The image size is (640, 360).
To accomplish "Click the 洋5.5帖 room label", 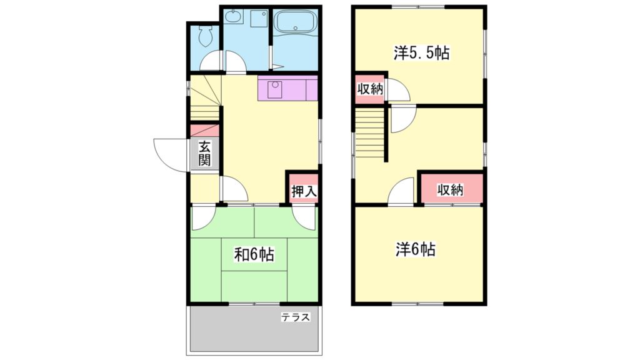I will point(421,53).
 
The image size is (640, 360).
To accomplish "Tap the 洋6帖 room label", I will point(415,249).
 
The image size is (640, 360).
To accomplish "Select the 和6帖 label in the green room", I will point(254,254).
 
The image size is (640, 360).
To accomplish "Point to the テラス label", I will point(295,317).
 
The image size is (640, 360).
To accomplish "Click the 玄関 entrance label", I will point(204,153).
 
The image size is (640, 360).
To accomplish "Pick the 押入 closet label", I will point(304,191).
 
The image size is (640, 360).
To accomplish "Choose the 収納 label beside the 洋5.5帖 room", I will point(369,89).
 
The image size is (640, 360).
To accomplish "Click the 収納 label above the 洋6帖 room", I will point(450,189).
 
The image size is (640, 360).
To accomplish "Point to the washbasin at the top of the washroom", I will point(235,17).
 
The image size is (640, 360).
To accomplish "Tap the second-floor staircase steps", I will point(369,135).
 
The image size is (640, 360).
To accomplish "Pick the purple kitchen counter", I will point(287,88).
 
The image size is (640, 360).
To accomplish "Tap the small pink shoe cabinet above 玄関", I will point(204,131).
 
